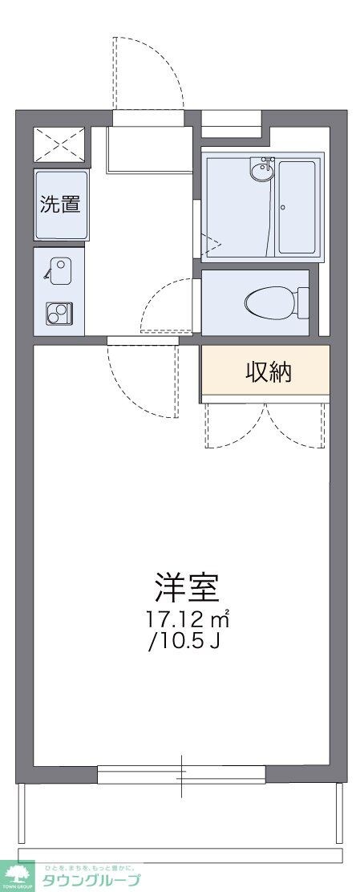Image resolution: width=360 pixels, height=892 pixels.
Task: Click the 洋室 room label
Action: (188, 588)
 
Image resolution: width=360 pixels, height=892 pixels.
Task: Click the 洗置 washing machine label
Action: (61, 204)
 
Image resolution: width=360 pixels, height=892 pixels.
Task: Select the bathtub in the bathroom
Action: (297, 207)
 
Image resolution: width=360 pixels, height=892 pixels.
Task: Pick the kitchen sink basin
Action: (59, 268)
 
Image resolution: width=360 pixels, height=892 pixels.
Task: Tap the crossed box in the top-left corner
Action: (60, 144)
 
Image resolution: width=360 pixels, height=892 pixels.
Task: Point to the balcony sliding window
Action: (181, 775)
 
